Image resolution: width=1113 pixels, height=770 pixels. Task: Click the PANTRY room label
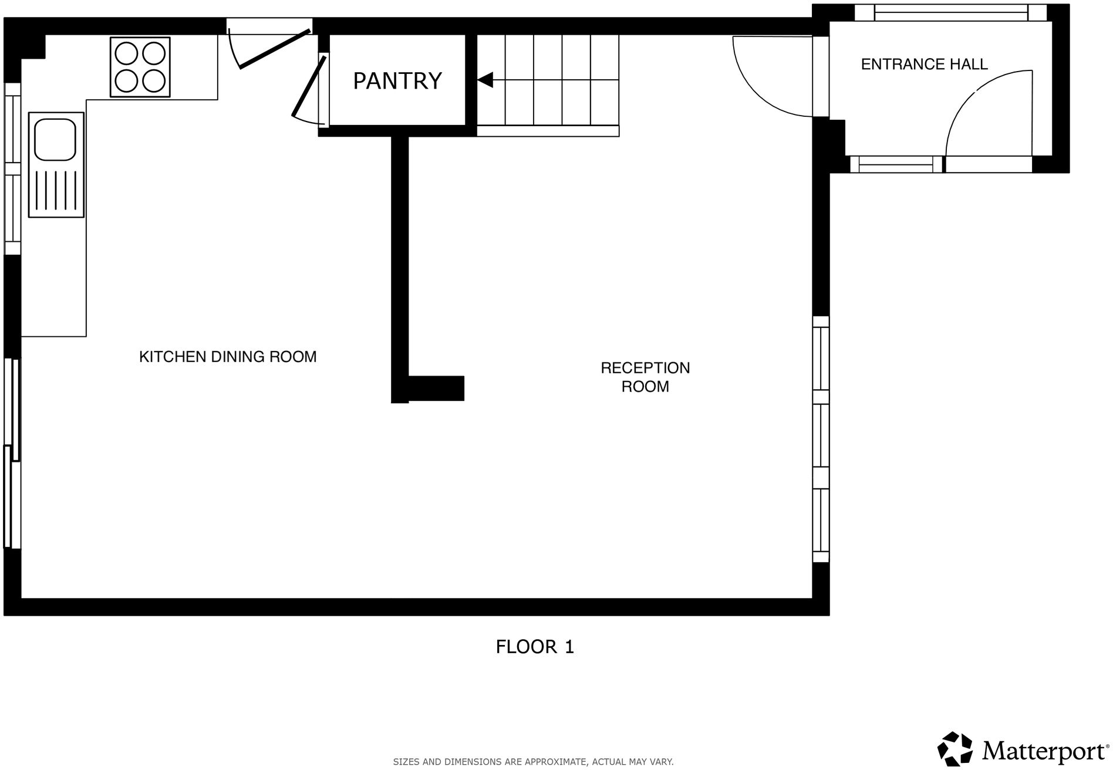[397, 80]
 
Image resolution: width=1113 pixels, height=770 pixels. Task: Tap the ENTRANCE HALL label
[923, 64]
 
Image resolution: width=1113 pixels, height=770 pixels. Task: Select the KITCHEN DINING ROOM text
[228, 356]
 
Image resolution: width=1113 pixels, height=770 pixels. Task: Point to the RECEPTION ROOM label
[645, 377]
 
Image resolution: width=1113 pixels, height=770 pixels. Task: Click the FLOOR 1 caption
[534, 647]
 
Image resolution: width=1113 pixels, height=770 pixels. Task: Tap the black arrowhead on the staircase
[485, 80]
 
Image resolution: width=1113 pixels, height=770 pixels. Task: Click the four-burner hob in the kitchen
[140, 67]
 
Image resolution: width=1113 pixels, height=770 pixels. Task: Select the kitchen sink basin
[55, 139]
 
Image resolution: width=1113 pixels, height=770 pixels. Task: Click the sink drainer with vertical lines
[56, 190]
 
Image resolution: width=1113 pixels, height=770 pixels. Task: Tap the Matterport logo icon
[955, 748]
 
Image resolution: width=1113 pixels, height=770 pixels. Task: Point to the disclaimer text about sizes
[532, 762]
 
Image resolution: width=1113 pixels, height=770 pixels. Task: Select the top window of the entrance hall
[950, 12]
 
